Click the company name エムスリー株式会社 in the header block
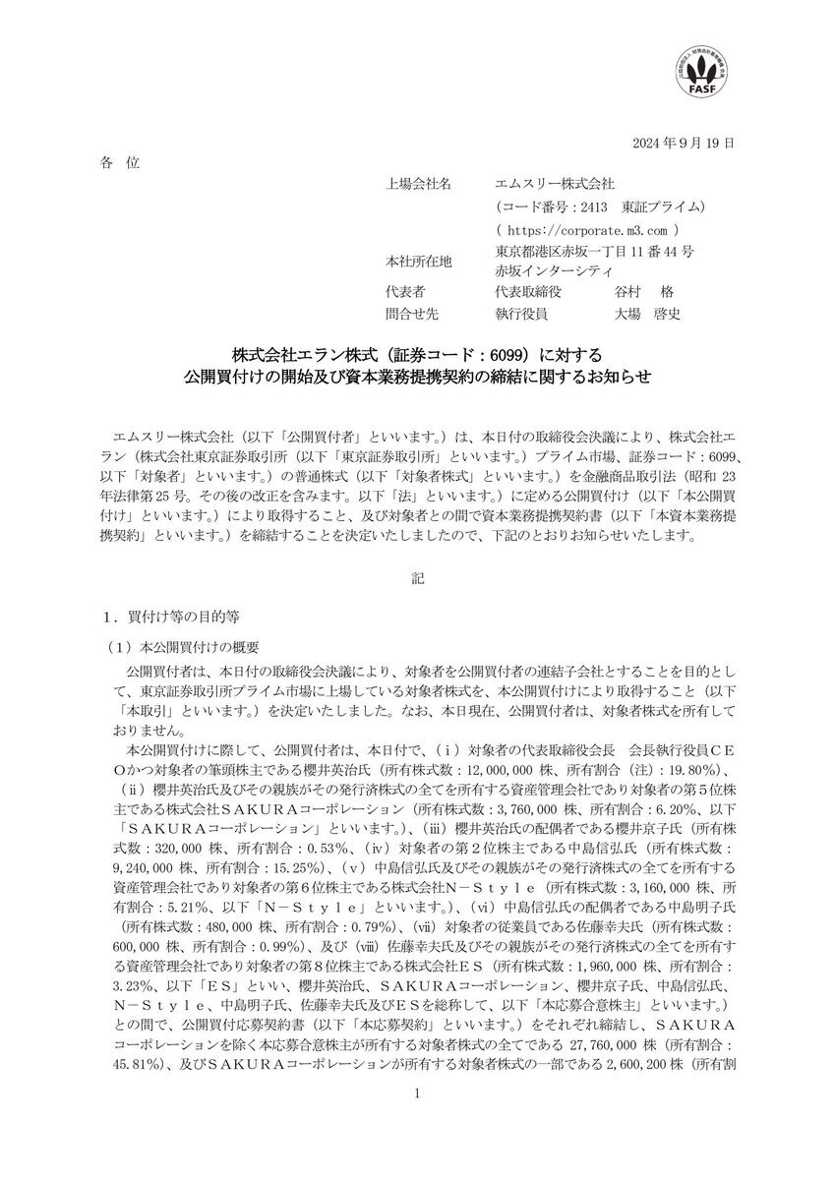pyautogui.click(x=556, y=184)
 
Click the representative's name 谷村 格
pyautogui.click(x=641, y=293)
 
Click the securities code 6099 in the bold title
pyautogui.click(x=532, y=354)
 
